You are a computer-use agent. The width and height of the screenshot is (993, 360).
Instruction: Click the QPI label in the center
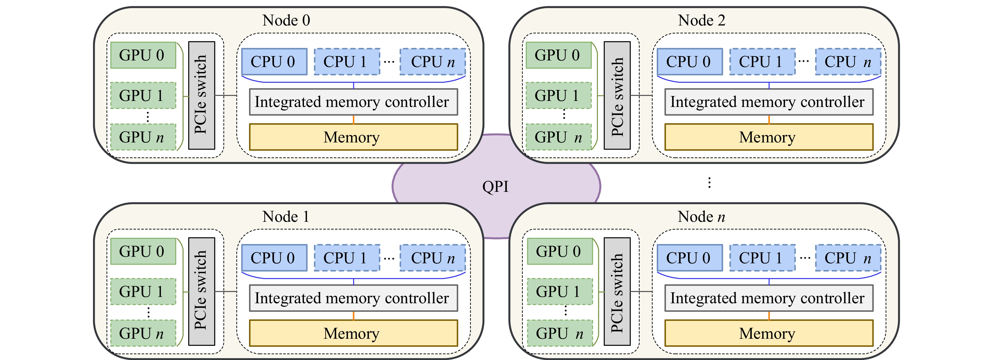[x=495, y=187]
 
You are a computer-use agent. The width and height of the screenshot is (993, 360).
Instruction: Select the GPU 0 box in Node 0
[x=143, y=55]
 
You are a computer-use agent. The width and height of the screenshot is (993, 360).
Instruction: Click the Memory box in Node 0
[x=353, y=137]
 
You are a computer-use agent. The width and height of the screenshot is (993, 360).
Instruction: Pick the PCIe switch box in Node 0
[x=201, y=95]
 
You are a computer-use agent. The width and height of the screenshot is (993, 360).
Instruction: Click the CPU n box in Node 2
[x=848, y=62]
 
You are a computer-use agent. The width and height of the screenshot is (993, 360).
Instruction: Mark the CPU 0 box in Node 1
[x=274, y=258]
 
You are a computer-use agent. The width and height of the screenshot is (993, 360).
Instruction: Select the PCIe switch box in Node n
[x=617, y=291]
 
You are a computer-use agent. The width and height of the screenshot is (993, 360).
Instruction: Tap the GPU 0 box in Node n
[x=559, y=251]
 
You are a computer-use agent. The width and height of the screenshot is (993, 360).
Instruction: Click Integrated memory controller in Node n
[x=769, y=298]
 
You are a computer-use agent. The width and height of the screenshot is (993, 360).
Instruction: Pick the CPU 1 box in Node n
[x=762, y=258]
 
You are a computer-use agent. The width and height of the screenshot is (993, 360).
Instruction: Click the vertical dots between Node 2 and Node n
[x=709, y=182]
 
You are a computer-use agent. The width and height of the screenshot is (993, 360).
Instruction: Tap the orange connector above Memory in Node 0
[x=354, y=120]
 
